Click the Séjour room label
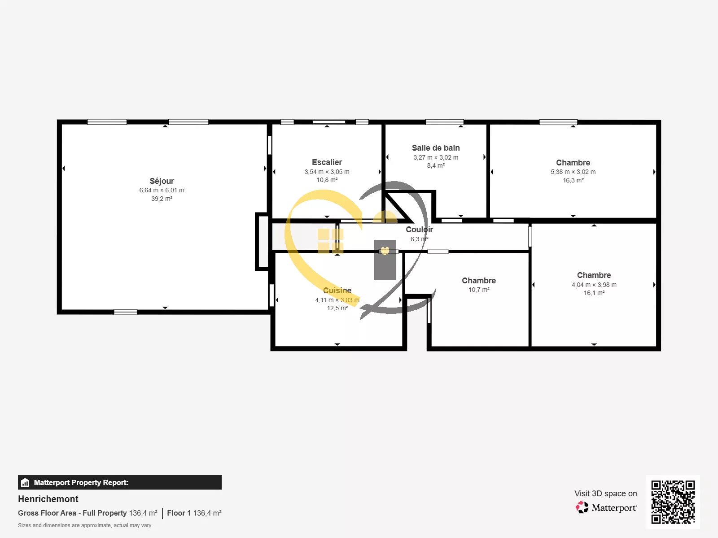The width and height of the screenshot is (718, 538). (162, 181)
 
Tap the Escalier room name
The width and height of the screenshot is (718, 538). (327, 162)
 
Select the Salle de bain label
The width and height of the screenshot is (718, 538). (436, 148)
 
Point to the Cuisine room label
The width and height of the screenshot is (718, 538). (337, 291)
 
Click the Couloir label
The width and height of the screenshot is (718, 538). (419, 230)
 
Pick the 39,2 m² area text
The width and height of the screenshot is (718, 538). (162, 199)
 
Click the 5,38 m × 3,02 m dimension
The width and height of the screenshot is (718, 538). (573, 172)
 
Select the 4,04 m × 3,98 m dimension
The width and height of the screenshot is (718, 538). (594, 285)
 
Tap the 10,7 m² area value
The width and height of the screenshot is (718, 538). (479, 290)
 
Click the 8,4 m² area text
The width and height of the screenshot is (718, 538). (436, 165)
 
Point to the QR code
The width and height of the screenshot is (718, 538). (673, 502)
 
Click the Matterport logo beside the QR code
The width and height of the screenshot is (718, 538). (606, 508)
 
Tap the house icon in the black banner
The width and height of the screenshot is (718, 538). (25, 482)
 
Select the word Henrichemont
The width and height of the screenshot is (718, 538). (48, 499)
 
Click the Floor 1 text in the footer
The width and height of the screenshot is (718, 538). (179, 513)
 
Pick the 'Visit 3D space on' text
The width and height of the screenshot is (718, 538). (606, 494)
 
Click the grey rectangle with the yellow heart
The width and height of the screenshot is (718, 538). (385, 260)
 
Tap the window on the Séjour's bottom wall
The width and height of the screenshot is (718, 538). (125, 312)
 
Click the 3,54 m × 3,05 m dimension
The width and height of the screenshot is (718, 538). (327, 172)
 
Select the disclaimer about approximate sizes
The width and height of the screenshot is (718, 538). (84, 525)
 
